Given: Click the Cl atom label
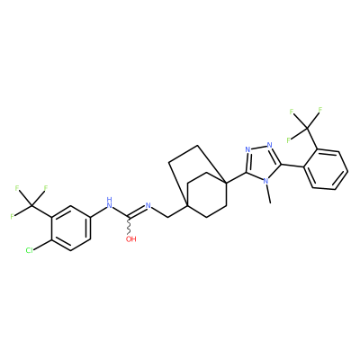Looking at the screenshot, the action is point(30,250).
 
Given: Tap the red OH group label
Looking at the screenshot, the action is point(131,239).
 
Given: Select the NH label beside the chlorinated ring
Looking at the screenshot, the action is point(109,202).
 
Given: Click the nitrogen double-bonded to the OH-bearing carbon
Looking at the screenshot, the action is point(148,206).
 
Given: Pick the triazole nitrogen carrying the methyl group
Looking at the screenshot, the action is point(265,181).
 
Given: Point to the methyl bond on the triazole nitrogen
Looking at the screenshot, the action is point(268,193).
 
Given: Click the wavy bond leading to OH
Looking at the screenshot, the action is point(130,226).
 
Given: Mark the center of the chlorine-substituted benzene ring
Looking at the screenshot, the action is point(71,228).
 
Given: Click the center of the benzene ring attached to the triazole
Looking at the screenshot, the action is point(326,169).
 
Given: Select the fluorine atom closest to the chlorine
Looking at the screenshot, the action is point(13,217).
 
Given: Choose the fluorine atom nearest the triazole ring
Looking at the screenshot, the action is point(289,140).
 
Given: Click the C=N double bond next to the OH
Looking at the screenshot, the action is point(137,211).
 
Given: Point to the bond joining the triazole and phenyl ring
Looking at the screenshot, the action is point(292,166).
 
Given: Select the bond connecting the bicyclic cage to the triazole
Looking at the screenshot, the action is point(236,177).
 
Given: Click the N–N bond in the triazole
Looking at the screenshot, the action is point(258,148).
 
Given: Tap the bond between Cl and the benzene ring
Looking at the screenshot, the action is point(42,245).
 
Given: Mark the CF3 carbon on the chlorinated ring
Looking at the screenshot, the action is point(31,205).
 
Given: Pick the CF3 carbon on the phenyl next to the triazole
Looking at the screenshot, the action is point(307,129).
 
